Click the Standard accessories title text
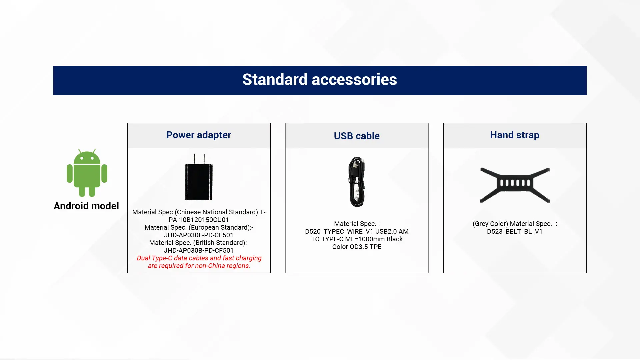click(x=320, y=80)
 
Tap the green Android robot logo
click(x=87, y=173)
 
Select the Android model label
click(x=86, y=206)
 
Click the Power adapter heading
click(x=199, y=135)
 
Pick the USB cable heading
click(x=357, y=136)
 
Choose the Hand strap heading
click(x=515, y=135)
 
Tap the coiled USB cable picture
click(x=357, y=182)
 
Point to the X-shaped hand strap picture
click(x=515, y=184)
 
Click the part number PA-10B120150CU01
click(x=199, y=220)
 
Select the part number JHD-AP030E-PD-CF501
click(x=199, y=235)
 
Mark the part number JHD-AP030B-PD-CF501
click(x=199, y=251)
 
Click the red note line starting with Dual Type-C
click(x=199, y=258)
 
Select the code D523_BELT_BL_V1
click(x=515, y=232)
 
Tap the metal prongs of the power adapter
click(x=199, y=158)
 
